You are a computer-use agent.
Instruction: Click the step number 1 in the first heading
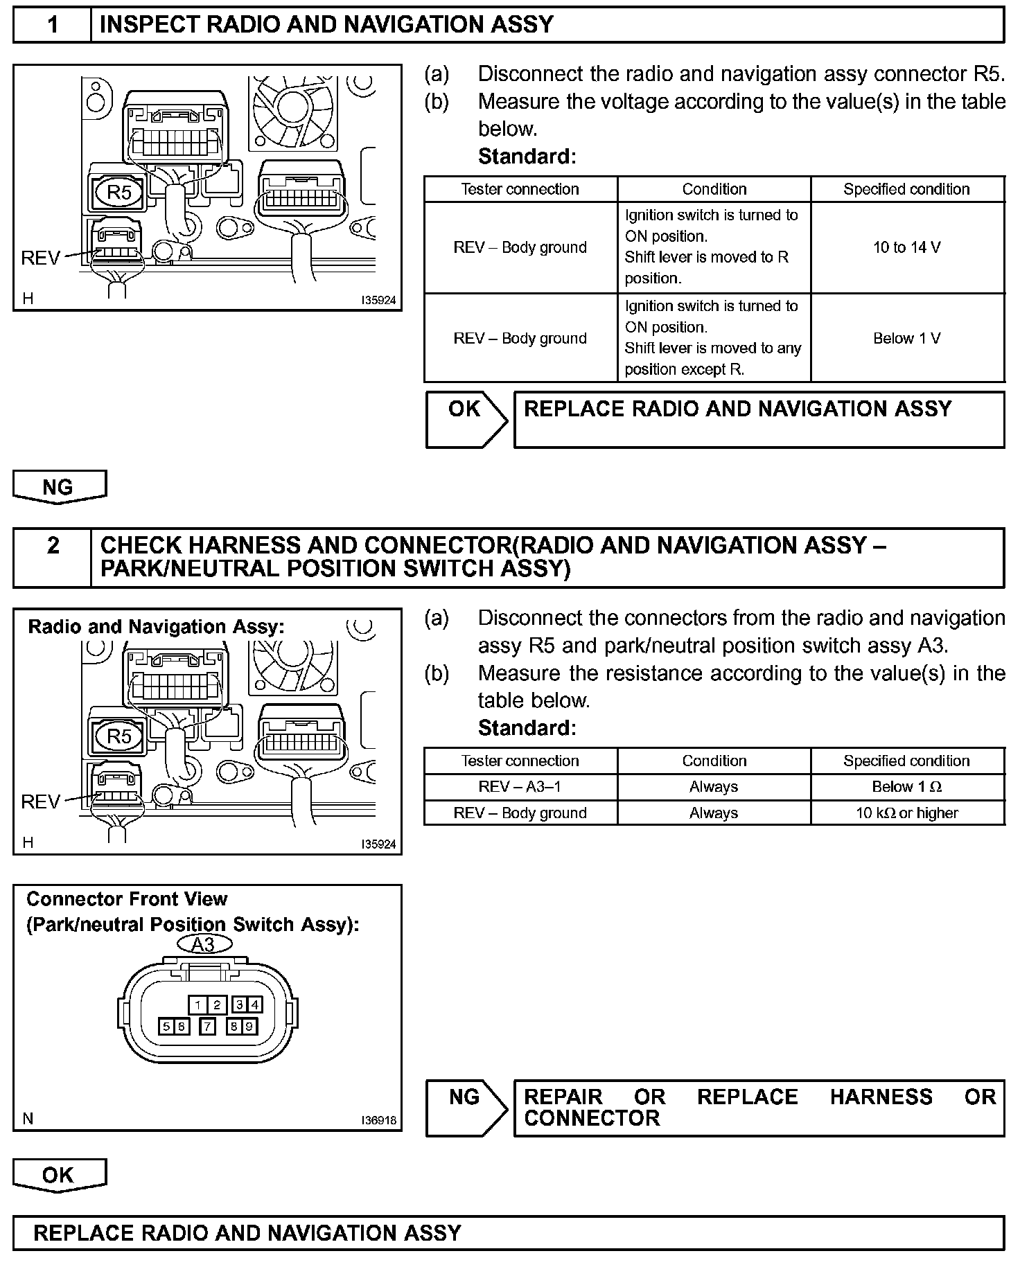[x=53, y=25]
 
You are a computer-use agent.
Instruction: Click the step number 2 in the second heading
[x=53, y=546]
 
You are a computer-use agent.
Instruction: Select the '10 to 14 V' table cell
[x=907, y=247]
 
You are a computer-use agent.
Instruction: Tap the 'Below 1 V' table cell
[x=907, y=338]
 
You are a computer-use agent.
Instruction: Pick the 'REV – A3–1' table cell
[x=520, y=787]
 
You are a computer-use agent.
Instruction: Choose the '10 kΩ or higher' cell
[x=907, y=813]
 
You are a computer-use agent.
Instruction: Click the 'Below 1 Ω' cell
[x=907, y=787]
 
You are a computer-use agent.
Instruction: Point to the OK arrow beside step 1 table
[x=466, y=418]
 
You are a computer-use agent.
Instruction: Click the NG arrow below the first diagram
[x=59, y=486]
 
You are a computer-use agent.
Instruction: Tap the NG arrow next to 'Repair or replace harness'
[x=466, y=1107]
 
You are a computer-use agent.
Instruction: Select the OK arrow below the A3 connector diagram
[x=59, y=1175]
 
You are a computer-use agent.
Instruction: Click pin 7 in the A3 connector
[x=207, y=1027]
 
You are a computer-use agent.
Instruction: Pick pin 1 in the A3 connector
[x=198, y=1005]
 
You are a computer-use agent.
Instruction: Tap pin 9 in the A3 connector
[x=249, y=1027]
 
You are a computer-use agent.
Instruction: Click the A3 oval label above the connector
[x=203, y=945]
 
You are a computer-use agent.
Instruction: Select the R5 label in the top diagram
[x=118, y=192]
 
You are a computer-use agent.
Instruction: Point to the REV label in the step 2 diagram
[x=41, y=801]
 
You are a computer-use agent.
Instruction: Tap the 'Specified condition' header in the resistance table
[x=907, y=761]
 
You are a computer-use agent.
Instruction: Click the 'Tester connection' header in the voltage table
[x=520, y=189]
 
